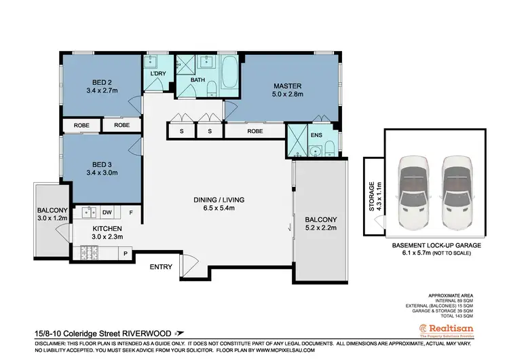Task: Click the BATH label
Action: (197, 80)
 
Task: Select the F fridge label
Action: (131, 211)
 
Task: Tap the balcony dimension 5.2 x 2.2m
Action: (320, 229)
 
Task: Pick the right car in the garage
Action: (455, 190)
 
